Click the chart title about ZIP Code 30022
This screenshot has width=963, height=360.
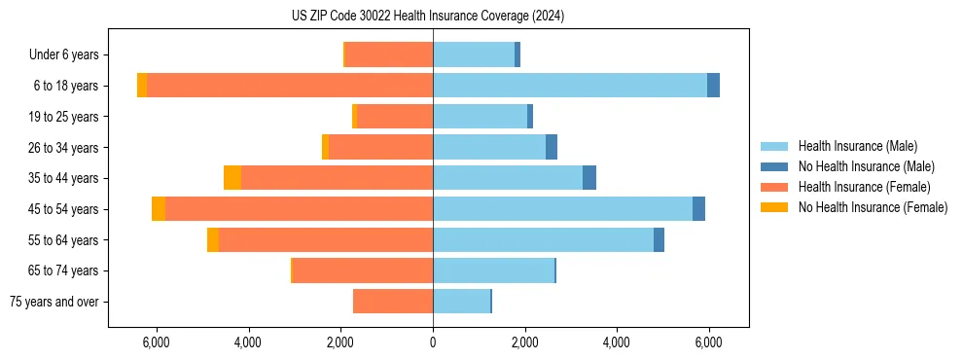pyautogui.click(x=427, y=17)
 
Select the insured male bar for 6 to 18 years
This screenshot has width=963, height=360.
pyautogui.click(x=570, y=86)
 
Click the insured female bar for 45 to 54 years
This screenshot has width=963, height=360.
pyautogui.click(x=299, y=209)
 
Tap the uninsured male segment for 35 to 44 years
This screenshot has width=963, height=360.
pyautogui.click(x=589, y=178)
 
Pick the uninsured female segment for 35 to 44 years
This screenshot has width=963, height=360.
pyautogui.click(x=232, y=178)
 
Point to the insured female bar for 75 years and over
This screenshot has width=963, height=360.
pyautogui.click(x=393, y=302)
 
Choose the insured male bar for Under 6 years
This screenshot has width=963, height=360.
pyautogui.click(x=474, y=54)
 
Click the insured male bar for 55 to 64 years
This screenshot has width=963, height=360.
pyautogui.click(x=543, y=239)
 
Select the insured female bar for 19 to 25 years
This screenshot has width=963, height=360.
pyautogui.click(x=395, y=117)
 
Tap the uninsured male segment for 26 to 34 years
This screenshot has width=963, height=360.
pyautogui.click(x=552, y=147)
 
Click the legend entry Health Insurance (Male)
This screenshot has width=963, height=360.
pyautogui.click(x=857, y=146)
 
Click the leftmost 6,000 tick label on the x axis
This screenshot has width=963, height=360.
pyautogui.click(x=157, y=342)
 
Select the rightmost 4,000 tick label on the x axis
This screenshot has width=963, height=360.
pyautogui.click(x=617, y=342)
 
